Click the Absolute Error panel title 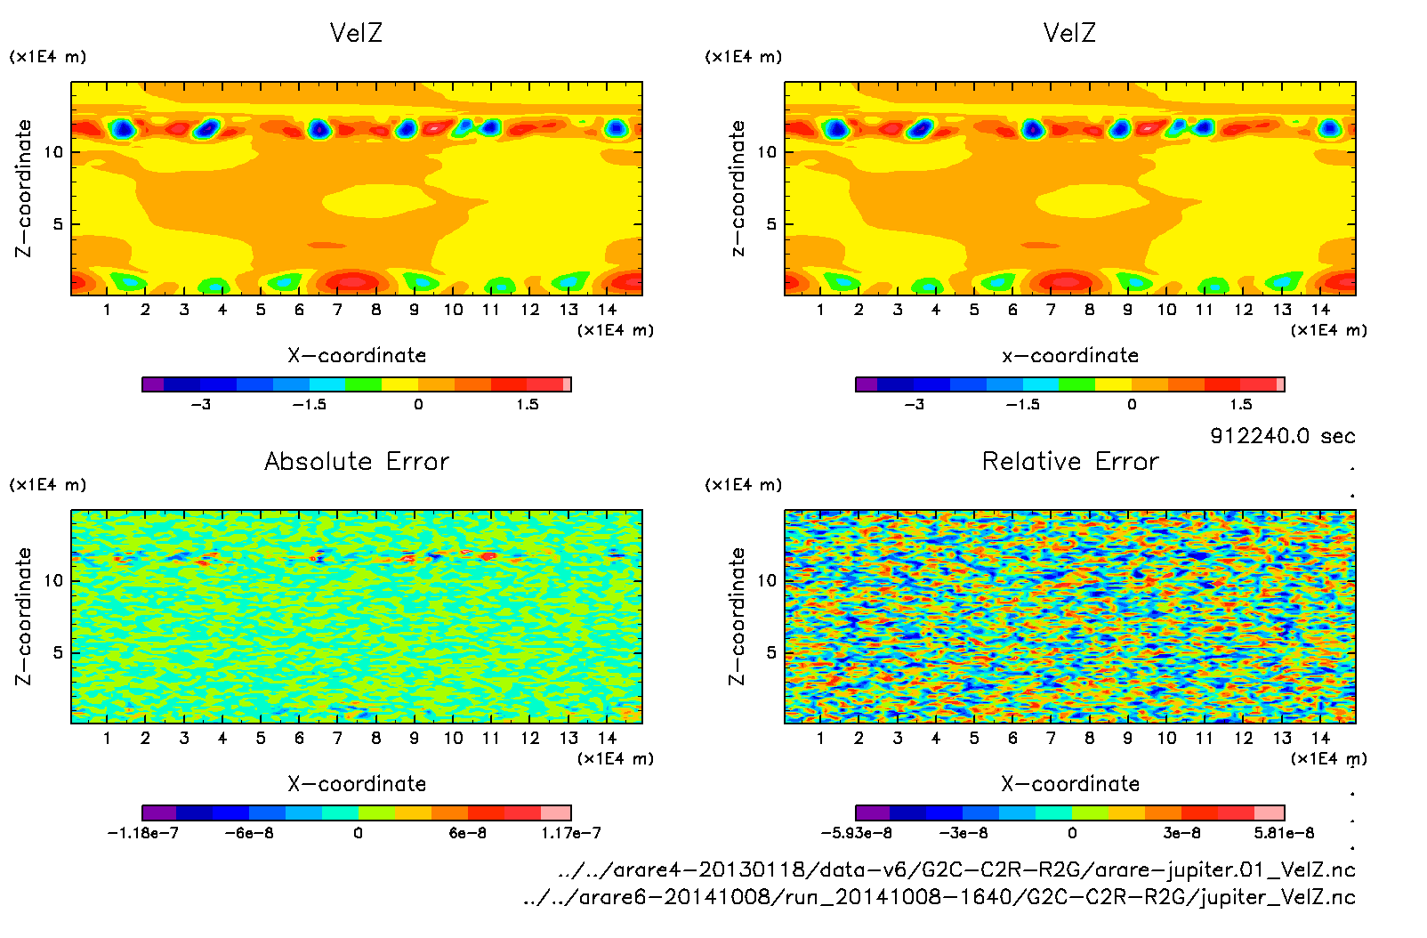(x=357, y=461)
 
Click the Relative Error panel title (x=1070, y=461)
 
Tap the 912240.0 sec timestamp (x=1282, y=436)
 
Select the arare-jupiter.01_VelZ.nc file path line (x=956, y=869)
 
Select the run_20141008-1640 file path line (x=939, y=897)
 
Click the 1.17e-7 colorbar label (x=571, y=833)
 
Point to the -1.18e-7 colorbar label (x=143, y=833)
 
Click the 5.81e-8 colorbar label (x=1284, y=833)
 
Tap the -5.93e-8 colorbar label (x=856, y=833)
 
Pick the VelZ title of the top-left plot (x=356, y=33)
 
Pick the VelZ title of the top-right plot (x=1069, y=33)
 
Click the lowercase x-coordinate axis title (x=1070, y=356)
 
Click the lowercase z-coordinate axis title (x=738, y=189)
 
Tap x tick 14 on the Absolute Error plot (x=607, y=738)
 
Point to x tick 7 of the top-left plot (x=337, y=310)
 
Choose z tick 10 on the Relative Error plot (x=767, y=581)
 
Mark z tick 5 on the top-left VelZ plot (x=58, y=224)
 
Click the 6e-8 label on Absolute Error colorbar (x=467, y=833)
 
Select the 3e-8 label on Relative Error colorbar (x=1181, y=833)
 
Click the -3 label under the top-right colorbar (x=914, y=405)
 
